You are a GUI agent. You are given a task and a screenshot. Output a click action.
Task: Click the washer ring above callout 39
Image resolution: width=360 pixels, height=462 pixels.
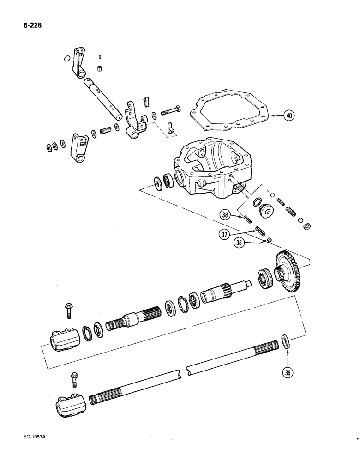pos(286,342)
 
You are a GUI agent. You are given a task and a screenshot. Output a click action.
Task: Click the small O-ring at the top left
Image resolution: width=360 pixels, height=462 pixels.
pos(67,59)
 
